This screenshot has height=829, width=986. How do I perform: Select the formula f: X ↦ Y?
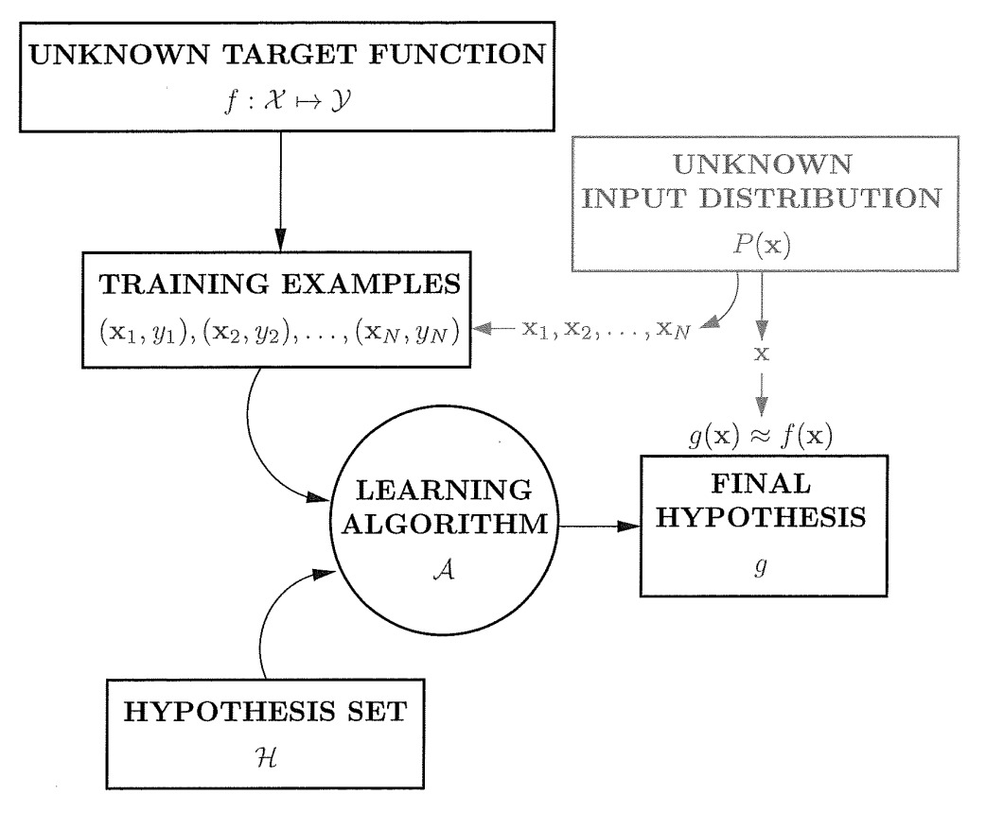[288, 100]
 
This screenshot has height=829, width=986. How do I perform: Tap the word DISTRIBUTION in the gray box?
[820, 198]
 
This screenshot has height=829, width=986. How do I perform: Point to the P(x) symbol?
[762, 244]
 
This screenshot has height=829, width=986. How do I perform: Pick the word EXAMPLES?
[371, 284]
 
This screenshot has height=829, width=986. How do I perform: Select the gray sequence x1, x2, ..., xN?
[607, 329]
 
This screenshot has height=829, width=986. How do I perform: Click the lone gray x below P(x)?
[762, 354]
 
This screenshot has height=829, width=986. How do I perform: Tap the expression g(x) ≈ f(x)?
[761, 435]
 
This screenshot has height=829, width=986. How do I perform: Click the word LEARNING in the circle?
[444, 490]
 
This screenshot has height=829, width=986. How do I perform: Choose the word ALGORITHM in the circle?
[445, 524]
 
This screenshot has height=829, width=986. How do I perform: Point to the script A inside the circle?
[444, 569]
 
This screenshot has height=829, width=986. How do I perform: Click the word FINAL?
[762, 484]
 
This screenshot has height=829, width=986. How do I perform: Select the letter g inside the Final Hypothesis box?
[761, 567]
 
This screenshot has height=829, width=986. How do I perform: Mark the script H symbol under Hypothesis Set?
[266, 758]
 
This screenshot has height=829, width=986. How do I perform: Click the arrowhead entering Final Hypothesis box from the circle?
[629, 527]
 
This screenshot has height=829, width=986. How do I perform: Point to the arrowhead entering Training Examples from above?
[280, 240]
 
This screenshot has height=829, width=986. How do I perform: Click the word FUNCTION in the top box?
[458, 54]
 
